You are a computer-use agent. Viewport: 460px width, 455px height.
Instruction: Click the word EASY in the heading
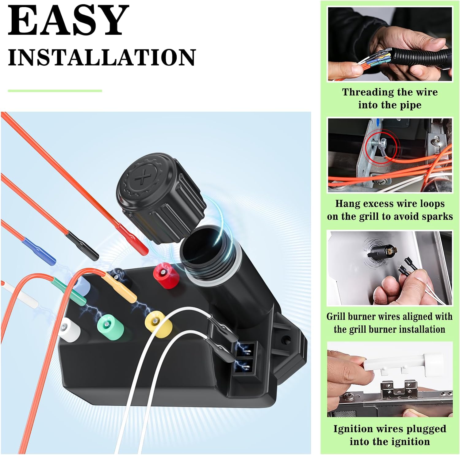point(68,21)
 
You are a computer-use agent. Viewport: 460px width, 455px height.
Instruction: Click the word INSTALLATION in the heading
point(102,57)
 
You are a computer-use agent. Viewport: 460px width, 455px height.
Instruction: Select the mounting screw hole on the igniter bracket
point(286,339)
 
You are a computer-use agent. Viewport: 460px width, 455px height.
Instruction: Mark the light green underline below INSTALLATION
point(55,91)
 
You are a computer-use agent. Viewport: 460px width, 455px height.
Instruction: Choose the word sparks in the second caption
point(437,217)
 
